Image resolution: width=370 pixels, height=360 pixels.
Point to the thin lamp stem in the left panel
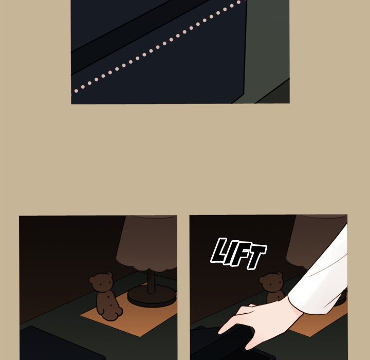click(152, 280)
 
